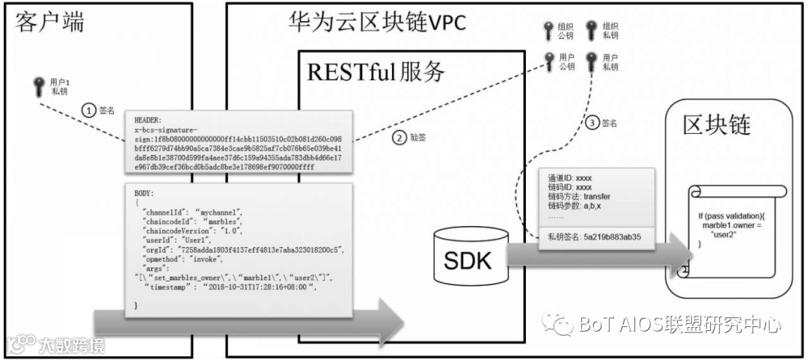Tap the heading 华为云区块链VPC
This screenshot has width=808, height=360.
click(x=378, y=22)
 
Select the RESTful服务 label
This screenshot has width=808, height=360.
click(x=376, y=72)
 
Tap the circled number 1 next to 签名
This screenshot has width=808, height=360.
click(x=89, y=110)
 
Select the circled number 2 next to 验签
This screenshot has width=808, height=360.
click(x=398, y=138)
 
